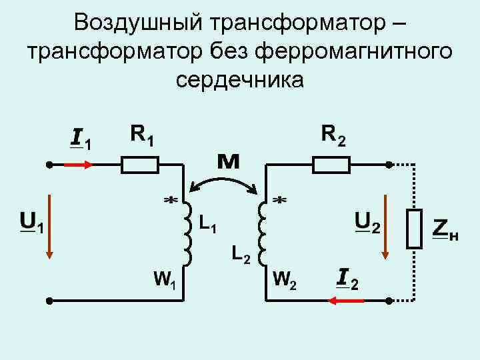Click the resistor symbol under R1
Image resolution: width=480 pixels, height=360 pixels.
tap(139, 164)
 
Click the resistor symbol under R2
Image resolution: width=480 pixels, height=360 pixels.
tap(332, 164)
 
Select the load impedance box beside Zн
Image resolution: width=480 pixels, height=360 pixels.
tap(415, 229)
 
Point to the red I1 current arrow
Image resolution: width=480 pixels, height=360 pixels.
tap(79, 164)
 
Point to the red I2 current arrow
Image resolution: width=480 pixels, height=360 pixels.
tap(347, 301)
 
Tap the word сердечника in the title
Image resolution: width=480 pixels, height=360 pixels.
tap(240, 79)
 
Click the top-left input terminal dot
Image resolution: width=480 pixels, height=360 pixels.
tap(49, 164)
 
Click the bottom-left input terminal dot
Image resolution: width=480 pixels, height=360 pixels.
tap(49, 301)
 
